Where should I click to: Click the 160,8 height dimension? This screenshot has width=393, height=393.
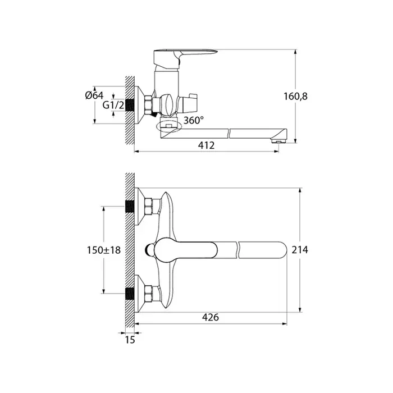click(x=295, y=96)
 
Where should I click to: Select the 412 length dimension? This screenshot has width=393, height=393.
click(x=206, y=145)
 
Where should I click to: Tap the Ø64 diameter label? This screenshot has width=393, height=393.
click(x=94, y=95)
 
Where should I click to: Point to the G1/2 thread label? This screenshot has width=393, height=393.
click(x=113, y=106)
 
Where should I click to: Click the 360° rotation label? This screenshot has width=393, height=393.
click(x=194, y=120)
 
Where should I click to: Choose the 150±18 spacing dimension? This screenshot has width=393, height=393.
click(x=104, y=250)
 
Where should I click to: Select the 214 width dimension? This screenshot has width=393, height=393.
click(x=300, y=250)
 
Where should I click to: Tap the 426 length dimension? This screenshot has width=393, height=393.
click(x=211, y=317)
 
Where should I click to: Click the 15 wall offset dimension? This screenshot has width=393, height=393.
click(x=130, y=340)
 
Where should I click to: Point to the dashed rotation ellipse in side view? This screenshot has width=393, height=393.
click(x=168, y=126)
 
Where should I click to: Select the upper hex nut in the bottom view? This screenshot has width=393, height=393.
click(x=149, y=206)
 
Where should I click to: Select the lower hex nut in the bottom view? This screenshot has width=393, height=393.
click(x=149, y=294)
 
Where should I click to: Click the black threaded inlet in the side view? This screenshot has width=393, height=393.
click(x=129, y=106)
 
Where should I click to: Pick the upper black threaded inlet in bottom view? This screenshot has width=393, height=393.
click(x=130, y=207)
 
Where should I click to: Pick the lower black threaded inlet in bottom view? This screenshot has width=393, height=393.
click(x=130, y=294)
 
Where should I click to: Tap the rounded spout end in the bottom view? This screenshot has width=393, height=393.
click(x=281, y=250)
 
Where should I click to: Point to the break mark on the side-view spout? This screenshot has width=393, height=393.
click(x=229, y=134)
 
